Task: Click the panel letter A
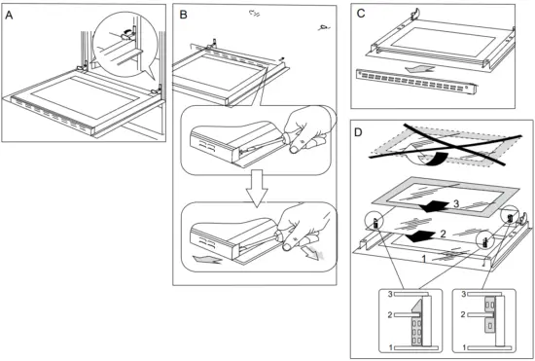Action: coord(9,16)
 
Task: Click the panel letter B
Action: coord(183,16)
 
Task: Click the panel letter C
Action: coord(360,14)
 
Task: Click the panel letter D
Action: coord(358,132)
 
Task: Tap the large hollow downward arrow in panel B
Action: coord(258,188)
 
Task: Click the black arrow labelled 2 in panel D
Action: coord(420,235)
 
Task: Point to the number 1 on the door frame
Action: coord(424,260)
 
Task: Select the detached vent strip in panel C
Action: coord(415,81)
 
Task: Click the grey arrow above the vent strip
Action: coord(419,69)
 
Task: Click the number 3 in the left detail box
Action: coord(390,294)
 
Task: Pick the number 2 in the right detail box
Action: coord(463,314)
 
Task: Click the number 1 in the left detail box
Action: coord(390,347)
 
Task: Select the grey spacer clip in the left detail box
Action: coord(417,322)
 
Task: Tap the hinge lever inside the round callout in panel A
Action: coord(126,35)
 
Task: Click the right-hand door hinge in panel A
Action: coord(157,91)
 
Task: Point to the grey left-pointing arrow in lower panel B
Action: coord(207,260)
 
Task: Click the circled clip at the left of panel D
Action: coord(374,222)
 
